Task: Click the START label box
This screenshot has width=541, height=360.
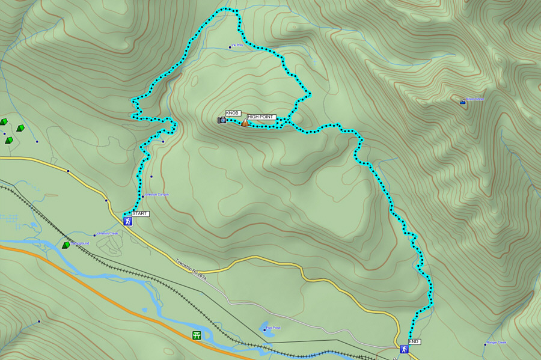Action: pos(140,213)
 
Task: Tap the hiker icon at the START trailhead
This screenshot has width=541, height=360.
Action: pos(127,221)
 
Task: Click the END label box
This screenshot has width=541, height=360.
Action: pos(415,341)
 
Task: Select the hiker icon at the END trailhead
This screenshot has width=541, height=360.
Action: pos(404,349)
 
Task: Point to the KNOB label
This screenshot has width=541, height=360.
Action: pos(233,113)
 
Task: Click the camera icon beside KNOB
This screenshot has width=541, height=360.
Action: pos(222,120)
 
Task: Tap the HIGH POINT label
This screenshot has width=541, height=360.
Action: pos(260,117)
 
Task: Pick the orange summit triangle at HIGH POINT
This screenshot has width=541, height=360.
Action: pos(245,123)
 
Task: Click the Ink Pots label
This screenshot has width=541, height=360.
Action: pos(237,46)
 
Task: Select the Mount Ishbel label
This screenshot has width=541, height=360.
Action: pos(475,99)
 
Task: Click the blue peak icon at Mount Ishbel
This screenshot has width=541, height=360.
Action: pos(462,102)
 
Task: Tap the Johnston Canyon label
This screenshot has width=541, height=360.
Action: pos(156,194)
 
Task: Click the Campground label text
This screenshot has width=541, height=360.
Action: pos(79,243)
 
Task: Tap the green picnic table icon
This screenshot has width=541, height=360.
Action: pos(197,335)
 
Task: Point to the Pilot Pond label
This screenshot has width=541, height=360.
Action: pos(273,328)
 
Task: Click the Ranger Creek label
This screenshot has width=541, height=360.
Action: pos(497,343)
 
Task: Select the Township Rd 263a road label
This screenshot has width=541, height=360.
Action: pos(191,269)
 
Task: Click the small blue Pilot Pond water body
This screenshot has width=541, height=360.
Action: pos(264,329)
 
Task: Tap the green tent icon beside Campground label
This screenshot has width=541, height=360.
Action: pos(66,245)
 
